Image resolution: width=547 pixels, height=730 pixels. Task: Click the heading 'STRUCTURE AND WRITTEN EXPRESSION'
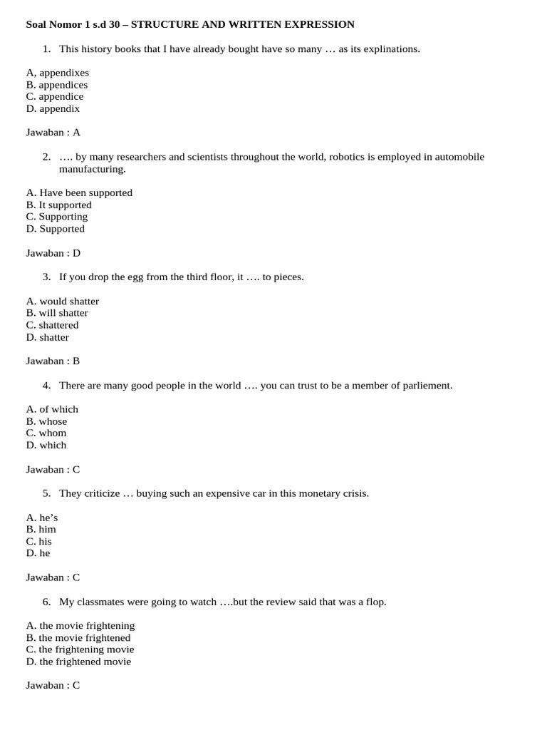[242, 24]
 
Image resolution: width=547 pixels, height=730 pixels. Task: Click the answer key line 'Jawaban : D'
[53, 253]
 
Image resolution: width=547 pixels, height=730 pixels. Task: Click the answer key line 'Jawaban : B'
[53, 361]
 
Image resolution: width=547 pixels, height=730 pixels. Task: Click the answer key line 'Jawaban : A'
[53, 133]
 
